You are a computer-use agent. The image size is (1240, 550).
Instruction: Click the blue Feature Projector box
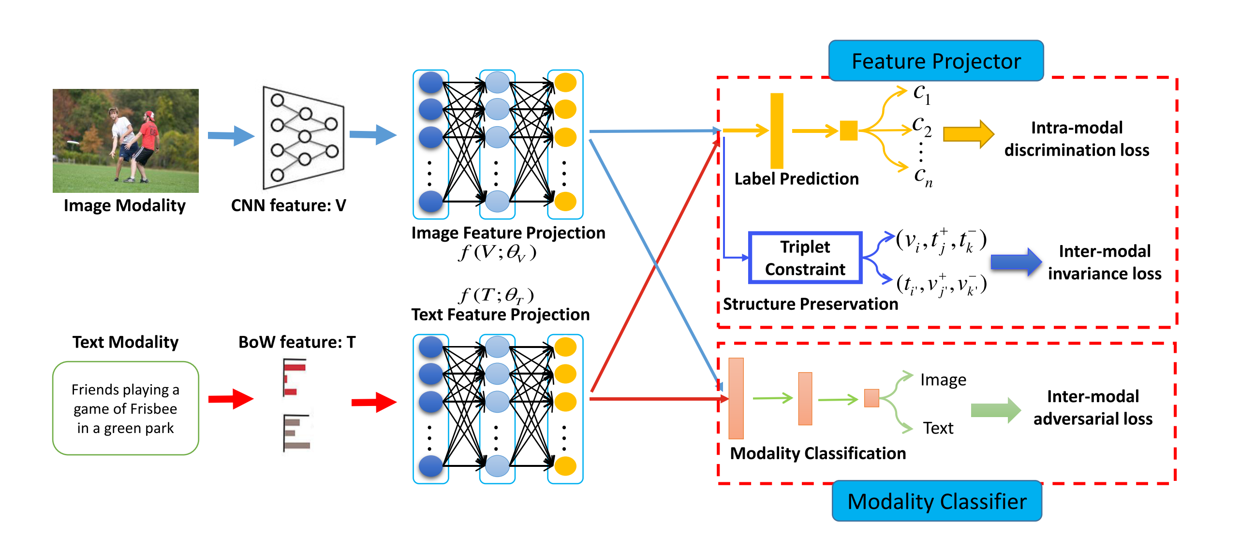(936, 61)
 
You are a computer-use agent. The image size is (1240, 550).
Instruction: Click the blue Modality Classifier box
(937, 501)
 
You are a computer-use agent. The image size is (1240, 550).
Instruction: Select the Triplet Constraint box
(805, 258)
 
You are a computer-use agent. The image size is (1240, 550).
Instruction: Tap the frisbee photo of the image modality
(125, 141)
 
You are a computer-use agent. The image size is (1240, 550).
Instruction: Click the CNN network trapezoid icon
(303, 138)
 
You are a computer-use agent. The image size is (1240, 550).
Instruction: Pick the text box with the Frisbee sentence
(125, 408)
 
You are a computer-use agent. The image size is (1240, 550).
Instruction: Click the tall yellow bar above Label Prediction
(777, 130)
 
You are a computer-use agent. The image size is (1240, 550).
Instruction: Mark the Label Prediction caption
(796, 179)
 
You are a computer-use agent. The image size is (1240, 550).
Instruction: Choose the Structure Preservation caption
(810, 304)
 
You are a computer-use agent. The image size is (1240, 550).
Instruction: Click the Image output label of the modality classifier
(943, 380)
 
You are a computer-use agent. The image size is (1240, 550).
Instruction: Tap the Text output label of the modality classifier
(938, 428)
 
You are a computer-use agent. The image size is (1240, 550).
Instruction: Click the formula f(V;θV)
(497, 252)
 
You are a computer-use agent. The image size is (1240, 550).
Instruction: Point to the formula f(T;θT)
(497, 294)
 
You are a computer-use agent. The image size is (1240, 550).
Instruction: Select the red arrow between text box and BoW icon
(231, 399)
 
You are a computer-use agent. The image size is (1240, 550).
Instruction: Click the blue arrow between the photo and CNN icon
(231, 136)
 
